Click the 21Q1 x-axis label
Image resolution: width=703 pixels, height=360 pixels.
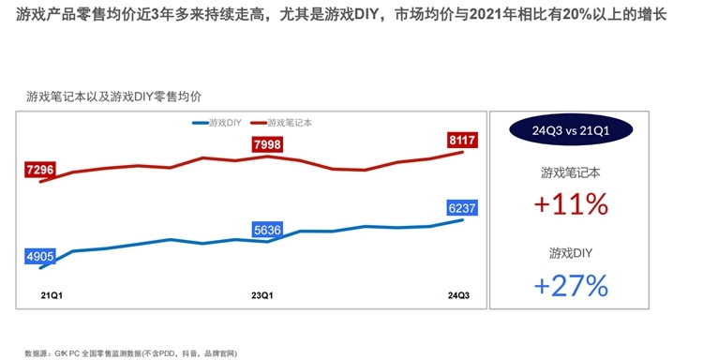point(39,295)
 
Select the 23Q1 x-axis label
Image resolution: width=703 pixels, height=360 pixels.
point(263,295)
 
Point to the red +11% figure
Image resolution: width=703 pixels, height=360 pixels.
point(571,203)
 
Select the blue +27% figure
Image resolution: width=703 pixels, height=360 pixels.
point(571,284)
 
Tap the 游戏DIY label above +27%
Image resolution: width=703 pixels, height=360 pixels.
point(571,253)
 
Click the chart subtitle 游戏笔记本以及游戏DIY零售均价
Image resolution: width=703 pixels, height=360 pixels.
point(114,97)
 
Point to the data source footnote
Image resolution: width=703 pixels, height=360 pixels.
point(131,352)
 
